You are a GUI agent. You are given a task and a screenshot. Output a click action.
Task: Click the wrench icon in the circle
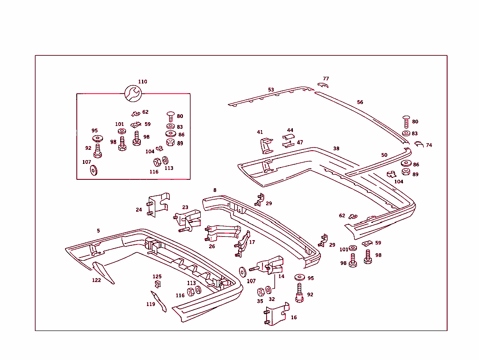coord(133,93)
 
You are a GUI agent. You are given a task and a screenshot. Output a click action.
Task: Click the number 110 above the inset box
coord(143,81)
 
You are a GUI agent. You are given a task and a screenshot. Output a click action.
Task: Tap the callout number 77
coord(326,79)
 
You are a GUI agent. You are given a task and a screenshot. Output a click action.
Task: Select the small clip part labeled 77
coord(323,85)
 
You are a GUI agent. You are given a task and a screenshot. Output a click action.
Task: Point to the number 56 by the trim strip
coord(360,102)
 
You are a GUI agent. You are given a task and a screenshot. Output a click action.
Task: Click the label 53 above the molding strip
coord(271,89)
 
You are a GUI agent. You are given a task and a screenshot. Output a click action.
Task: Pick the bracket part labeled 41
coord(266,146)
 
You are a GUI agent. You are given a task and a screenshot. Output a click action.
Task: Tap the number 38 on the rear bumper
coord(336,148)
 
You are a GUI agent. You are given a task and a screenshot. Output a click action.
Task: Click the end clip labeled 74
coord(419,144)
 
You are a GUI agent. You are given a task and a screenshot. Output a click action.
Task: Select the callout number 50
coord(385,155)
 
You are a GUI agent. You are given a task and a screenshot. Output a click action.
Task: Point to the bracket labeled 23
coord(188,220)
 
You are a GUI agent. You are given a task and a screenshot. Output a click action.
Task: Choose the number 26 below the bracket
coord(212,246)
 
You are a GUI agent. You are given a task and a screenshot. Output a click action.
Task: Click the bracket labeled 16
coord(276,314)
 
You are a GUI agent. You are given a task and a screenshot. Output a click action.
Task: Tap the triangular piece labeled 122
coord(103,272)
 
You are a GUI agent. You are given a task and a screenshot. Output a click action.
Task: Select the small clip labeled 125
coord(158,284)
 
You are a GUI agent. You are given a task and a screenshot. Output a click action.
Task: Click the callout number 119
coord(151,304)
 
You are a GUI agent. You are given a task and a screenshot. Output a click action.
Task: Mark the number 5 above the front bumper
coord(98,230)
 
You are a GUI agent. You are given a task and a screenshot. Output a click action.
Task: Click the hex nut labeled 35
coord(261,292)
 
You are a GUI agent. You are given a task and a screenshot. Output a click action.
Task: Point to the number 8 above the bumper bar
coord(215,190)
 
